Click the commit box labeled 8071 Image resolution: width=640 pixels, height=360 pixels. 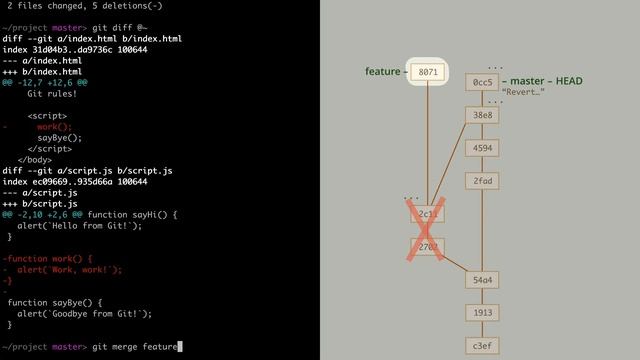(x=428, y=72)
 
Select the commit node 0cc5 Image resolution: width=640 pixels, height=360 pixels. (x=483, y=82)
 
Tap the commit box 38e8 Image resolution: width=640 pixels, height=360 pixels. (x=483, y=115)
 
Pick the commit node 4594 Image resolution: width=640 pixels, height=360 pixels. (x=483, y=148)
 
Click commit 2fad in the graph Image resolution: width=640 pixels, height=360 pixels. (x=483, y=181)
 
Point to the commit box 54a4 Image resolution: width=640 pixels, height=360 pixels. (x=483, y=280)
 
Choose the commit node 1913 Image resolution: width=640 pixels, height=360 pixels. (x=483, y=313)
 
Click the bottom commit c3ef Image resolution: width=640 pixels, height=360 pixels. (x=483, y=346)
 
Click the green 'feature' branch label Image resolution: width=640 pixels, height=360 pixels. (x=382, y=72)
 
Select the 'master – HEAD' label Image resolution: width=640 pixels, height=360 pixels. (x=546, y=81)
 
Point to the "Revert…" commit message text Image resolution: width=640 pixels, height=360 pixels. (x=523, y=93)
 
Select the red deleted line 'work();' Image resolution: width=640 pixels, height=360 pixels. (x=53, y=127)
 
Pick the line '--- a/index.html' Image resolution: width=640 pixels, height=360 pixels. (x=42, y=61)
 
